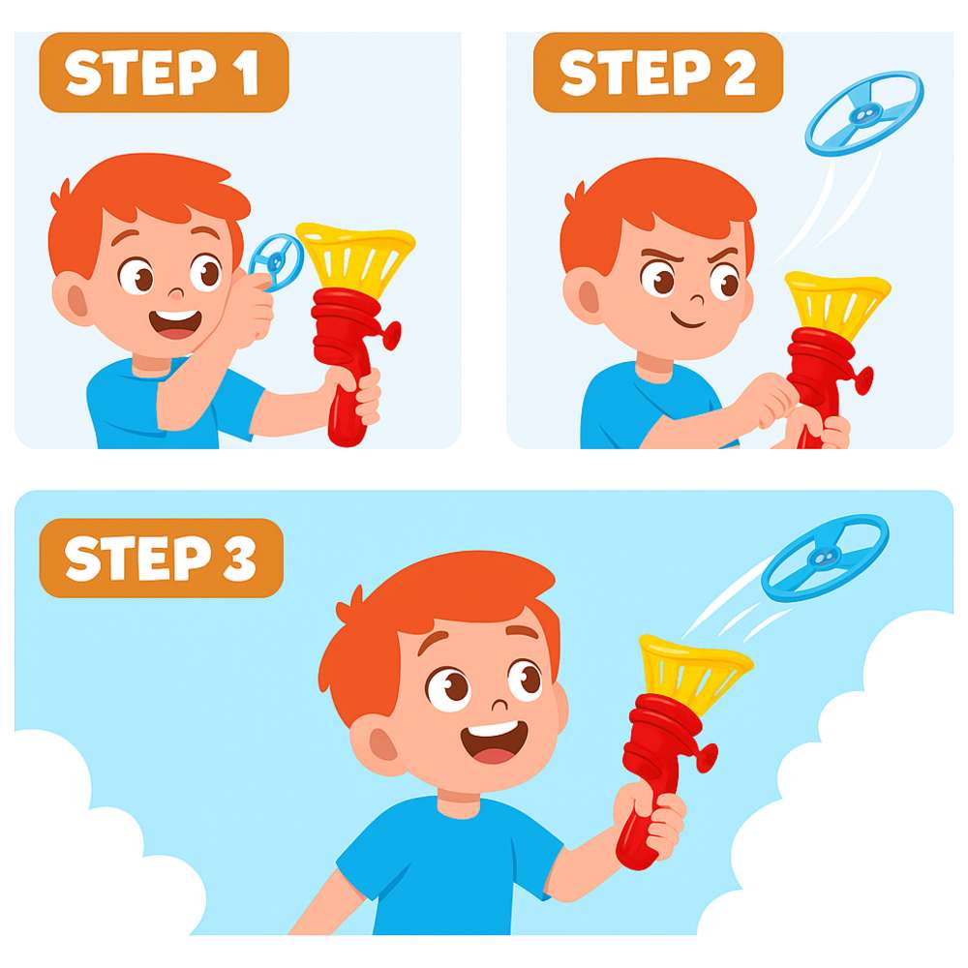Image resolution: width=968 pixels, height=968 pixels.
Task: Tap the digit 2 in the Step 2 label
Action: tap(740, 73)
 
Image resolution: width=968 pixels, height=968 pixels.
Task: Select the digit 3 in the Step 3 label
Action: tap(239, 559)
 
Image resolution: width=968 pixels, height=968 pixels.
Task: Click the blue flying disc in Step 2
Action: tap(864, 113)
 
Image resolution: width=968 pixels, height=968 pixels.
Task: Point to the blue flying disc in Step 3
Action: tap(825, 558)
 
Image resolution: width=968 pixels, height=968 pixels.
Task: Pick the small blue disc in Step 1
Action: tap(277, 261)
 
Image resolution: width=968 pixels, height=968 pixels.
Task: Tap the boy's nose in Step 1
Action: tap(176, 292)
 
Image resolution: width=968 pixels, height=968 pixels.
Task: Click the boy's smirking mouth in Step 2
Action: tap(688, 321)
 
